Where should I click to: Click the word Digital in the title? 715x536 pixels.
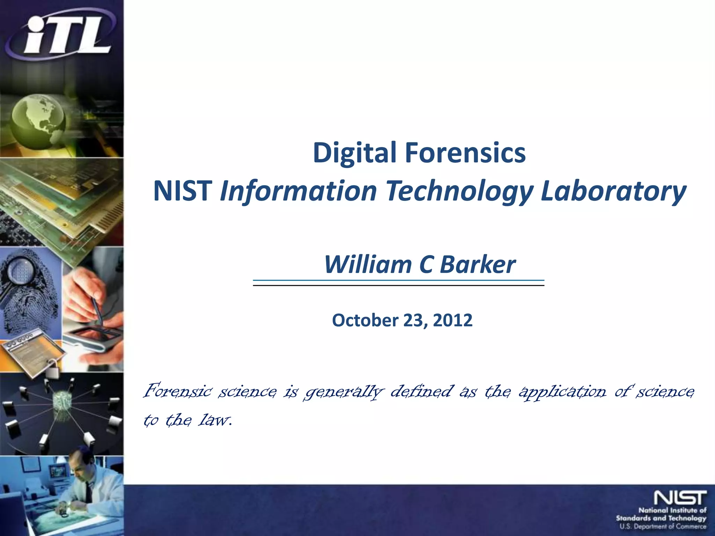[x=354, y=153]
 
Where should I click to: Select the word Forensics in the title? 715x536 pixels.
[x=465, y=153]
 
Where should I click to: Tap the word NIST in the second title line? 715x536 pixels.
[x=183, y=191]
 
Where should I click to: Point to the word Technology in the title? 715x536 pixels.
[x=459, y=191]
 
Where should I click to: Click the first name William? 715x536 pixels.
[x=368, y=265]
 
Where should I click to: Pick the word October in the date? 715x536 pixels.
[x=365, y=320]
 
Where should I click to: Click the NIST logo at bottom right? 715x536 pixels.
[x=680, y=498]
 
